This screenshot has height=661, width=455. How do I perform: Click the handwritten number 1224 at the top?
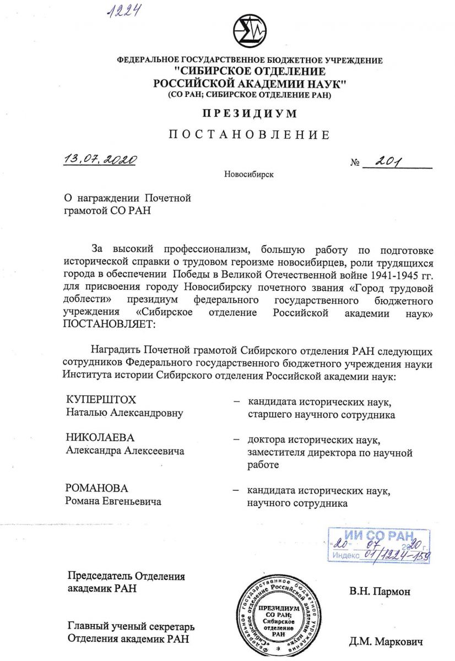pyautogui.click(x=122, y=10)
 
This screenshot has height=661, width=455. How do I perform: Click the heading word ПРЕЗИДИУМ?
pyautogui.click(x=249, y=114)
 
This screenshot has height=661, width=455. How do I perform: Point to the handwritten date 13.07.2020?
pyautogui.click(x=99, y=160)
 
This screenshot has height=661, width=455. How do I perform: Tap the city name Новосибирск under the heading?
pyautogui.click(x=248, y=175)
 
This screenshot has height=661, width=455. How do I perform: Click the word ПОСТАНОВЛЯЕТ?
pyautogui.click(x=110, y=324)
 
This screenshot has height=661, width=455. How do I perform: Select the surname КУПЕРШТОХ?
pyautogui.click(x=101, y=399)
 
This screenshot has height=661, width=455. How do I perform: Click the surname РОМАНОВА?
pyautogui.click(x=96, y=488)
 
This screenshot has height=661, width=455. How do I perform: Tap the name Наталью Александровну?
pyautogui.click(x=124, y=412)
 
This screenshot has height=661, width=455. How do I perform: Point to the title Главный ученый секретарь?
pyautogui.click(x=131, y=627)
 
